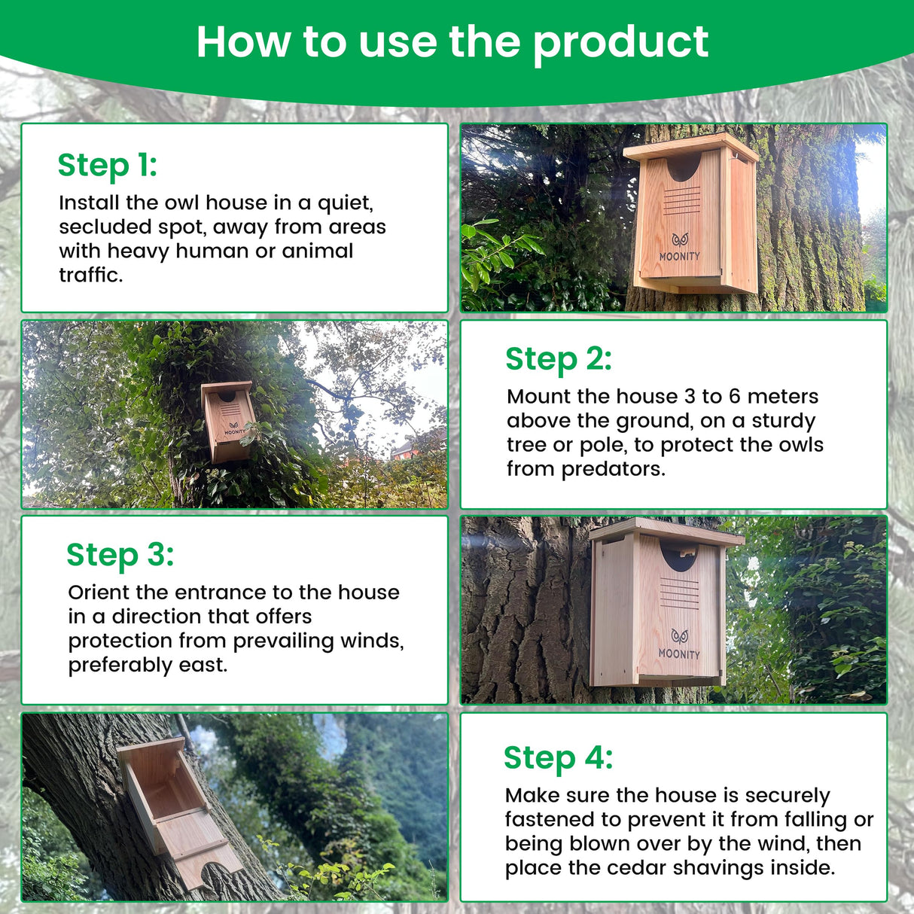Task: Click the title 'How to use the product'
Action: point(452,41)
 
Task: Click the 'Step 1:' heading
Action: point(107,165)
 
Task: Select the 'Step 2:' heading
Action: point(558,359)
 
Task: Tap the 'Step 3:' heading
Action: point(120,555)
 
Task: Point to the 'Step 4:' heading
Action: point(558,757)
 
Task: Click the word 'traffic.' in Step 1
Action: point(90,275)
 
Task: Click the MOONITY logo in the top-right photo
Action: point(680,248)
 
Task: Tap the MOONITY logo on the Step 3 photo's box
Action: point(679,645)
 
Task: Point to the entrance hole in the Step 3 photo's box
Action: point(679,557)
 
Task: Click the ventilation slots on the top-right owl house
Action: point(681,201)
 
